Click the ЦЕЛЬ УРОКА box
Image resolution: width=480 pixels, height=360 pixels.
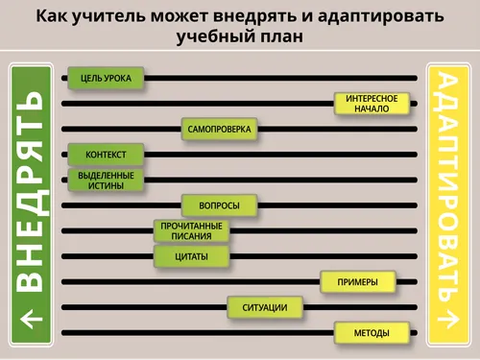tap(106, 77)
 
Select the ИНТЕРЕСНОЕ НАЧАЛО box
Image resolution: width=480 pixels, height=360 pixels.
tap(372, 103)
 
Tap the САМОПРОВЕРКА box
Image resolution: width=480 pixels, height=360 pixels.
tap(219, 129)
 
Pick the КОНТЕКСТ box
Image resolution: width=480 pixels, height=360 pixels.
tap(106, 155)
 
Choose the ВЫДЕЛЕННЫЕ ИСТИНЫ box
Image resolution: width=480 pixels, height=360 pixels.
tap(106, 180)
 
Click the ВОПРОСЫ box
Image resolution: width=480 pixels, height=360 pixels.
tap(219, 205)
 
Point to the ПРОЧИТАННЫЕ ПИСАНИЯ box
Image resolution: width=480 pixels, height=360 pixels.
tap(192, 230)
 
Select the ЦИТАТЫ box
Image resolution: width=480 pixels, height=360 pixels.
tap(192, 256)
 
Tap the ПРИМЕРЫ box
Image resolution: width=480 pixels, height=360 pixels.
tap(358, 282)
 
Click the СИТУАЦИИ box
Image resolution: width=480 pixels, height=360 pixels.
tap(265, 307)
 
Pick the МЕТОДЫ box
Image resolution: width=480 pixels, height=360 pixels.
tap(372, 333)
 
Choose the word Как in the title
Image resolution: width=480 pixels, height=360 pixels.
tap(54, 16)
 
